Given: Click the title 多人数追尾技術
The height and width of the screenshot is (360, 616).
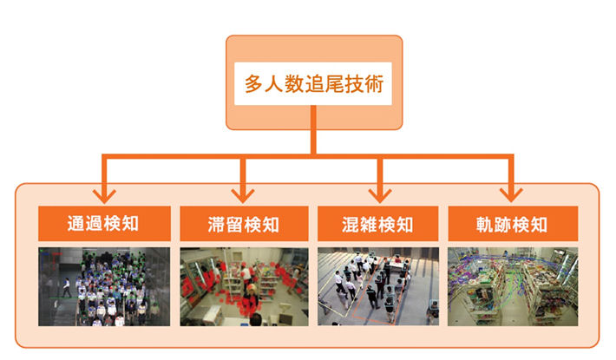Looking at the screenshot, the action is [314, 84].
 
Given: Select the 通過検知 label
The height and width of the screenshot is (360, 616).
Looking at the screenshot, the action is [103, 224].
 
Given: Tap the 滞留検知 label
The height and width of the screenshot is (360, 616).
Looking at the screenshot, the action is [244, 225].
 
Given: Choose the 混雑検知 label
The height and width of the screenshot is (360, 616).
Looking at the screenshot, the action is [377, 225].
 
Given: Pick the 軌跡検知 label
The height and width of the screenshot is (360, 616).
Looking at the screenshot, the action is [512, 225].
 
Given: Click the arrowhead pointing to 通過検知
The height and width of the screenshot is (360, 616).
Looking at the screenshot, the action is [104, 195].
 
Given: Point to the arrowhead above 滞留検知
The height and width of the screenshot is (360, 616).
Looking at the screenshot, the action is [243, 195].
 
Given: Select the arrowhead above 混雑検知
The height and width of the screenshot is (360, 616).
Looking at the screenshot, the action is [380, 195].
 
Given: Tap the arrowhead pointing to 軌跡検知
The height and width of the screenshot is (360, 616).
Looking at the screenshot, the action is [511, 195].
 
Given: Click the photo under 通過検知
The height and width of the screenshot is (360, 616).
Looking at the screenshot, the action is [104, 286].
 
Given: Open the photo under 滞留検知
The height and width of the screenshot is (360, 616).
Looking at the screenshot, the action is [244, 286].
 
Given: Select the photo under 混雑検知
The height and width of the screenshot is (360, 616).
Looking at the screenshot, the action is [378, 286].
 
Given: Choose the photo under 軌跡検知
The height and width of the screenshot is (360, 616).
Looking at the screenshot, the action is [513, 286].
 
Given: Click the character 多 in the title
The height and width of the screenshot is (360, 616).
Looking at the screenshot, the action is [254, 84].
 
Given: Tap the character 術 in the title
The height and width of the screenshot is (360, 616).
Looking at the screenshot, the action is [374, 84].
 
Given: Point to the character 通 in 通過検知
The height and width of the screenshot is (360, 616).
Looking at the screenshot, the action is [75, 224].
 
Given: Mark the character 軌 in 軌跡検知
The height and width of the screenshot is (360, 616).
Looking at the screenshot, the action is [485, 225].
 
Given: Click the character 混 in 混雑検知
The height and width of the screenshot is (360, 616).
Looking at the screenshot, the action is [351, 225].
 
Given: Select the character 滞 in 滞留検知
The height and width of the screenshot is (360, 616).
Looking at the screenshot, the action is [216, 225].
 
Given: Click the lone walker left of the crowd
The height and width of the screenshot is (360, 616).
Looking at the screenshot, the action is [67, 287].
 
